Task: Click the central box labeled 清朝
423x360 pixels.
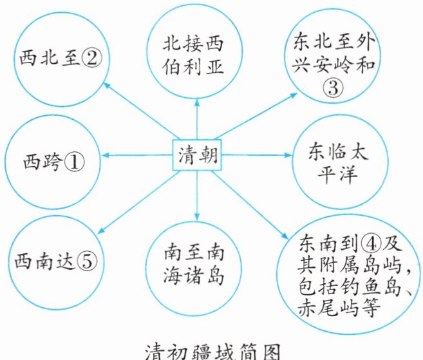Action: [x=197, y=155]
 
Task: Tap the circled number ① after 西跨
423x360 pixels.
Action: [x=74, y=162]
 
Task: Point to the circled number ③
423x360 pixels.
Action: [x=333, y=88]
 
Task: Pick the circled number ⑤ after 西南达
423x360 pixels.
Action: [x=87, y=261]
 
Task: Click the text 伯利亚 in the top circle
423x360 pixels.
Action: [x=193, y=66]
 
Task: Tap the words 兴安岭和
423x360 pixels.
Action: [x=334, y=65]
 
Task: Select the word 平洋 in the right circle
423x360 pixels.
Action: [x=338, y=175]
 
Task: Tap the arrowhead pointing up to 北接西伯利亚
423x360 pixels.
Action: [x=197, y=102]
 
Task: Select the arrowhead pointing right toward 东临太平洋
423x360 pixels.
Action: [x=288, y=155]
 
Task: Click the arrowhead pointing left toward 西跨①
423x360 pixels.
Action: [x=106, y=155]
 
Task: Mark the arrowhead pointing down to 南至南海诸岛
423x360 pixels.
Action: [x=197, y=216]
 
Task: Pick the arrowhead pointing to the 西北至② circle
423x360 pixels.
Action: [x=107, y=86]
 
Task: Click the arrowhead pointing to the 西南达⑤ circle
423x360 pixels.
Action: [x=101, y=230]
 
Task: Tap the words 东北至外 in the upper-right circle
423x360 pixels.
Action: [x=334, y=43]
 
